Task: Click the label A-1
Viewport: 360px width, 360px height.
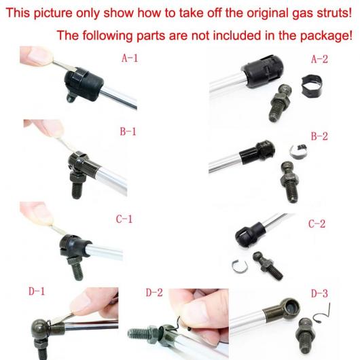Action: tap(130, 58)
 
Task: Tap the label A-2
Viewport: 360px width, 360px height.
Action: tap(319, 59)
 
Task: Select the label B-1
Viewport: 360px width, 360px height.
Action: tap(128, 132)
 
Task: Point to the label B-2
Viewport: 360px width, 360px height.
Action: tap(319, 136)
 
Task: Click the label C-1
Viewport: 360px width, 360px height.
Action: tap(124, 219)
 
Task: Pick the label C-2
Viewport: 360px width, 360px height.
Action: tap(317, 223)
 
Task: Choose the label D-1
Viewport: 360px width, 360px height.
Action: tap(37, 291)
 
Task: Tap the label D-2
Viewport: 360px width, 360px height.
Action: tap(154, 293)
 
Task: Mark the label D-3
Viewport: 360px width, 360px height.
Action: tap(319, 293)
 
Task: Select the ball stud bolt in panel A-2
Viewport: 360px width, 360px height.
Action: tap(281, 102)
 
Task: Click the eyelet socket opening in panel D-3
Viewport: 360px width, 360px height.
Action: tap(291, 308)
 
